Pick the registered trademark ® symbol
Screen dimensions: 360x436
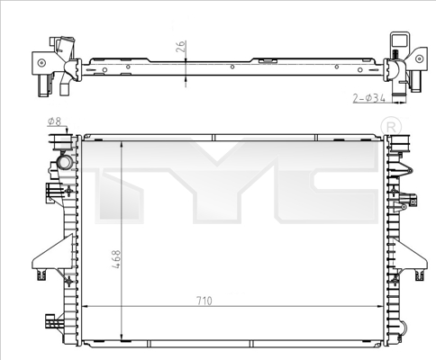(389, 122)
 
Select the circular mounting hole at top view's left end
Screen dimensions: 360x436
(39, 62)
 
